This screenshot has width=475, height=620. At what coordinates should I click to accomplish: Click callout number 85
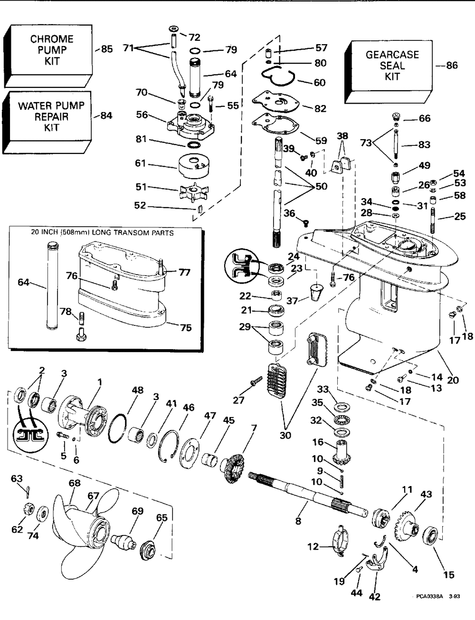click(106, 49)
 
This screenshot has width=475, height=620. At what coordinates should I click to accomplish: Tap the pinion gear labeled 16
click(343, 453)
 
